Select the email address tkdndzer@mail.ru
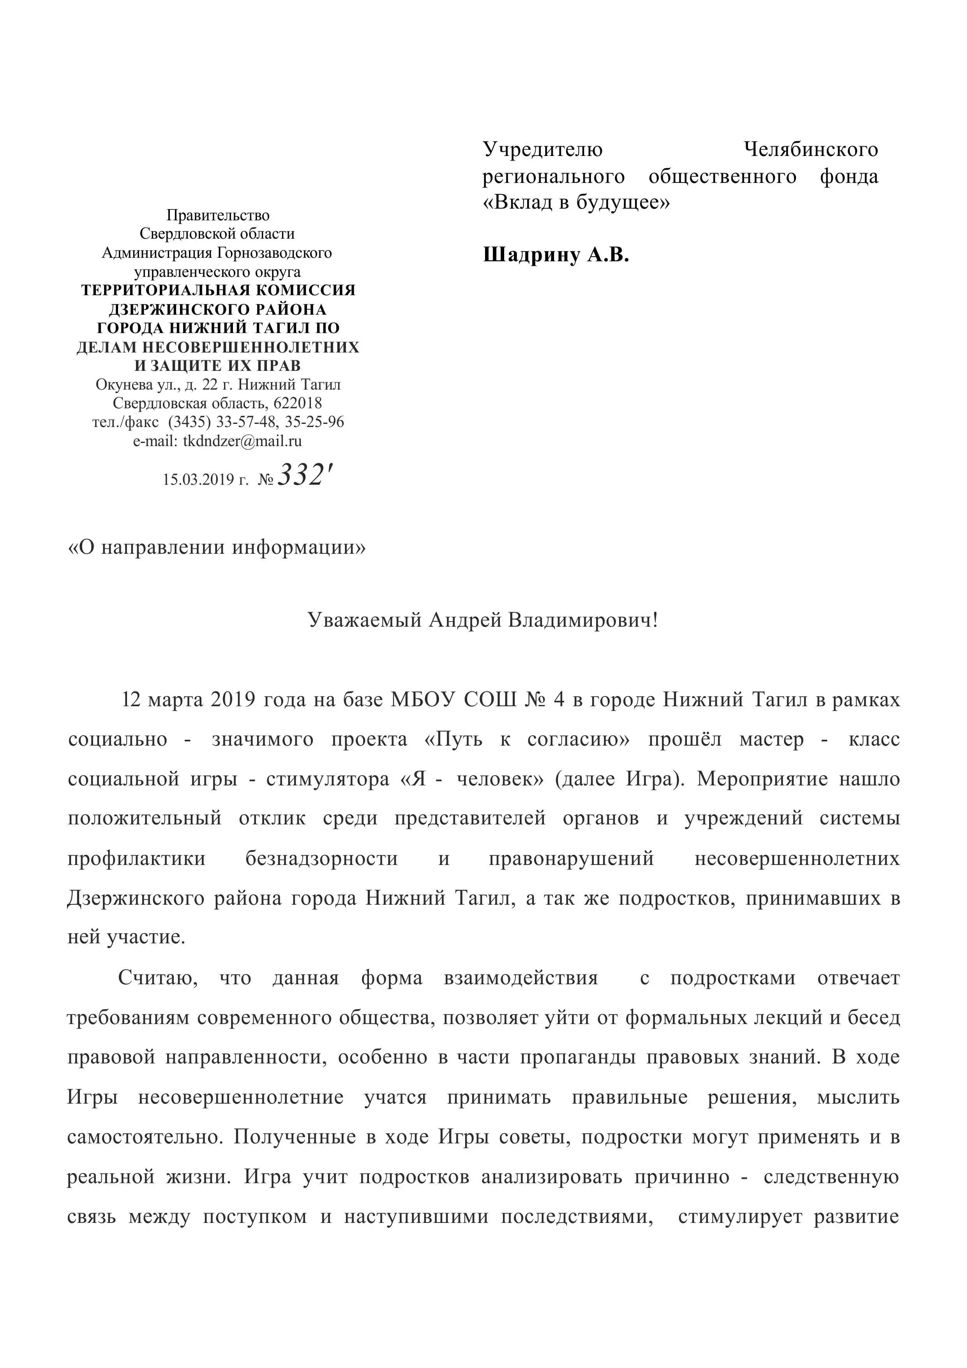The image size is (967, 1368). pyautogui.click(x=242, y=441)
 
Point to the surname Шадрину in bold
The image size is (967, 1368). pyautogui.click(x=531, y=255)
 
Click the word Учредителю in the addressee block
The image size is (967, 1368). pyautogui.click(x=542, y=149)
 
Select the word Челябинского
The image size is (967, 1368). pyautogui.click(x=811, y=149)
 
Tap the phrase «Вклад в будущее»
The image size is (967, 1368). pyautogui.click(x=576, y=202)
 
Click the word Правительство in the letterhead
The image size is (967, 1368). pyautogui.click(x=218, y=215)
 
